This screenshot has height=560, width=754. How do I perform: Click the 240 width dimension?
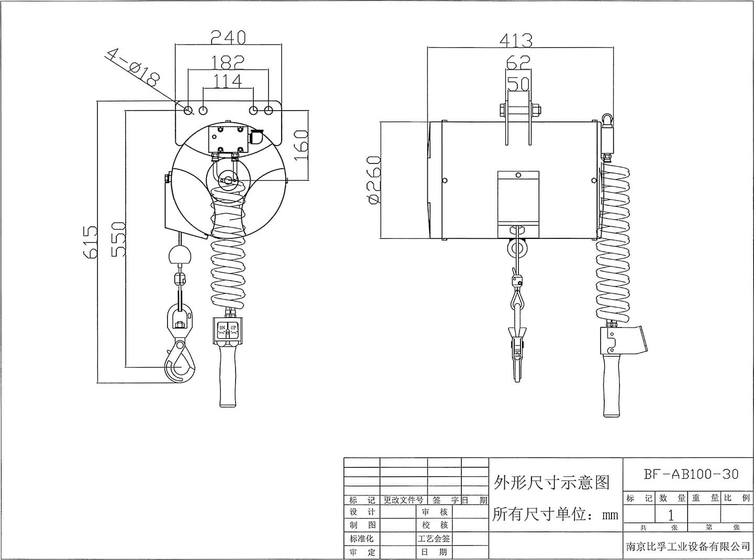coord(228,37)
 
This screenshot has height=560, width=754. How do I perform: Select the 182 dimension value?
coord(228,62)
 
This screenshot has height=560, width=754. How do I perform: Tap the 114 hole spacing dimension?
coord(228,81)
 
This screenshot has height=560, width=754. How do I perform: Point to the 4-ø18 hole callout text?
coord(133,68)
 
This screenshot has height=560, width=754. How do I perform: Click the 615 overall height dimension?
coord(90,242)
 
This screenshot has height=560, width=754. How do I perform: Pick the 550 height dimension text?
coord(119,239)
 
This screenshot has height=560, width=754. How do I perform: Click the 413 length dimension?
coord(516,40)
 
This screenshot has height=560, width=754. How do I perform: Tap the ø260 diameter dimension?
coord(373,180)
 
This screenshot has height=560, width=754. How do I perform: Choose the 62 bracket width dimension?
coord(518,63)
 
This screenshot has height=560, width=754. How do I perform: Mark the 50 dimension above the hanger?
coord(518,84)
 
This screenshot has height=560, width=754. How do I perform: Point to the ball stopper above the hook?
coord(180,256)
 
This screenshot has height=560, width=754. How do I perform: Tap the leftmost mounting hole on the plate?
coord(188,110)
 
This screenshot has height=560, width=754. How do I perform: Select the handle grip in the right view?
coord(611,385)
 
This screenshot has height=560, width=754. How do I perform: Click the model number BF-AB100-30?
coord(691,474)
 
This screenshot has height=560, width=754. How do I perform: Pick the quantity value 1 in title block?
coord(671,514)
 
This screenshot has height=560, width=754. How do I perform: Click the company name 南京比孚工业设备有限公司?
coord(688,546)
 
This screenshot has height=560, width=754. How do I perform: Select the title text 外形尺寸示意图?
coord(552,481)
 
